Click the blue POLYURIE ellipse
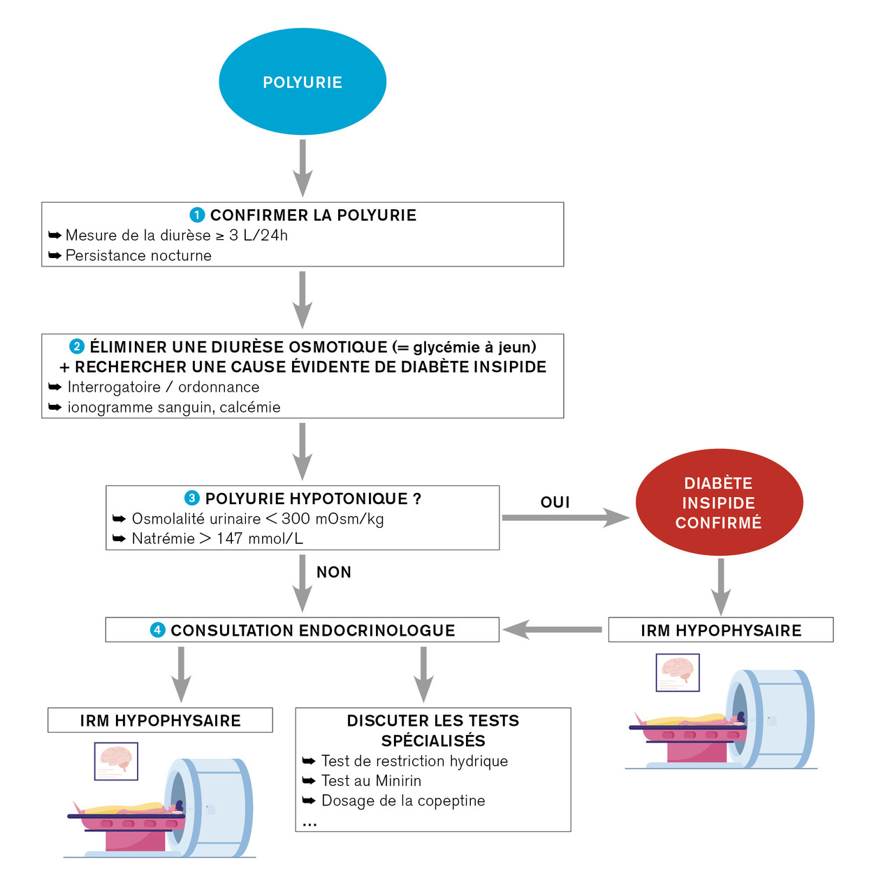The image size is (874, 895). tap(302, 82)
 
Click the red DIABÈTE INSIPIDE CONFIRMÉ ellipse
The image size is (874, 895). tap(719, 503)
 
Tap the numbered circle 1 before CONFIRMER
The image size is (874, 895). tap(197, 215)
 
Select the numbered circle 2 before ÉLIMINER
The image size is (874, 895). tap(77, 347)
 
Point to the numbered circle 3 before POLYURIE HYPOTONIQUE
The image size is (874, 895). tap(191, 499)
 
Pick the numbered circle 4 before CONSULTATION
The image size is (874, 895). tap(158, 630)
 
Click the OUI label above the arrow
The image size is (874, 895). tap(555, 502)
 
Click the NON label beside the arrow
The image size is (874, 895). tap(334, 572)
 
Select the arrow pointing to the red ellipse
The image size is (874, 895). tap(565, 518)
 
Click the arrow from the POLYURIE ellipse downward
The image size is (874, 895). tap(302, 168)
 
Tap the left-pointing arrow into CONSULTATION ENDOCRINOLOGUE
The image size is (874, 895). tap(552, 630)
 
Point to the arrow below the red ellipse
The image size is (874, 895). tap(720, 586)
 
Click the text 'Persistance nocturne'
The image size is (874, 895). tap(138, 256)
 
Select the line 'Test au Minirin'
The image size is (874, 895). tap(371, 781)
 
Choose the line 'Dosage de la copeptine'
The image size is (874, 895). tap(403, 801)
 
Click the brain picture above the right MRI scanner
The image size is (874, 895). tap(677, 672)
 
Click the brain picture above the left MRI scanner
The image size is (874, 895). tap(116, 760)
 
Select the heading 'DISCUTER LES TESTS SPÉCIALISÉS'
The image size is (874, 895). tap(433, 731)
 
